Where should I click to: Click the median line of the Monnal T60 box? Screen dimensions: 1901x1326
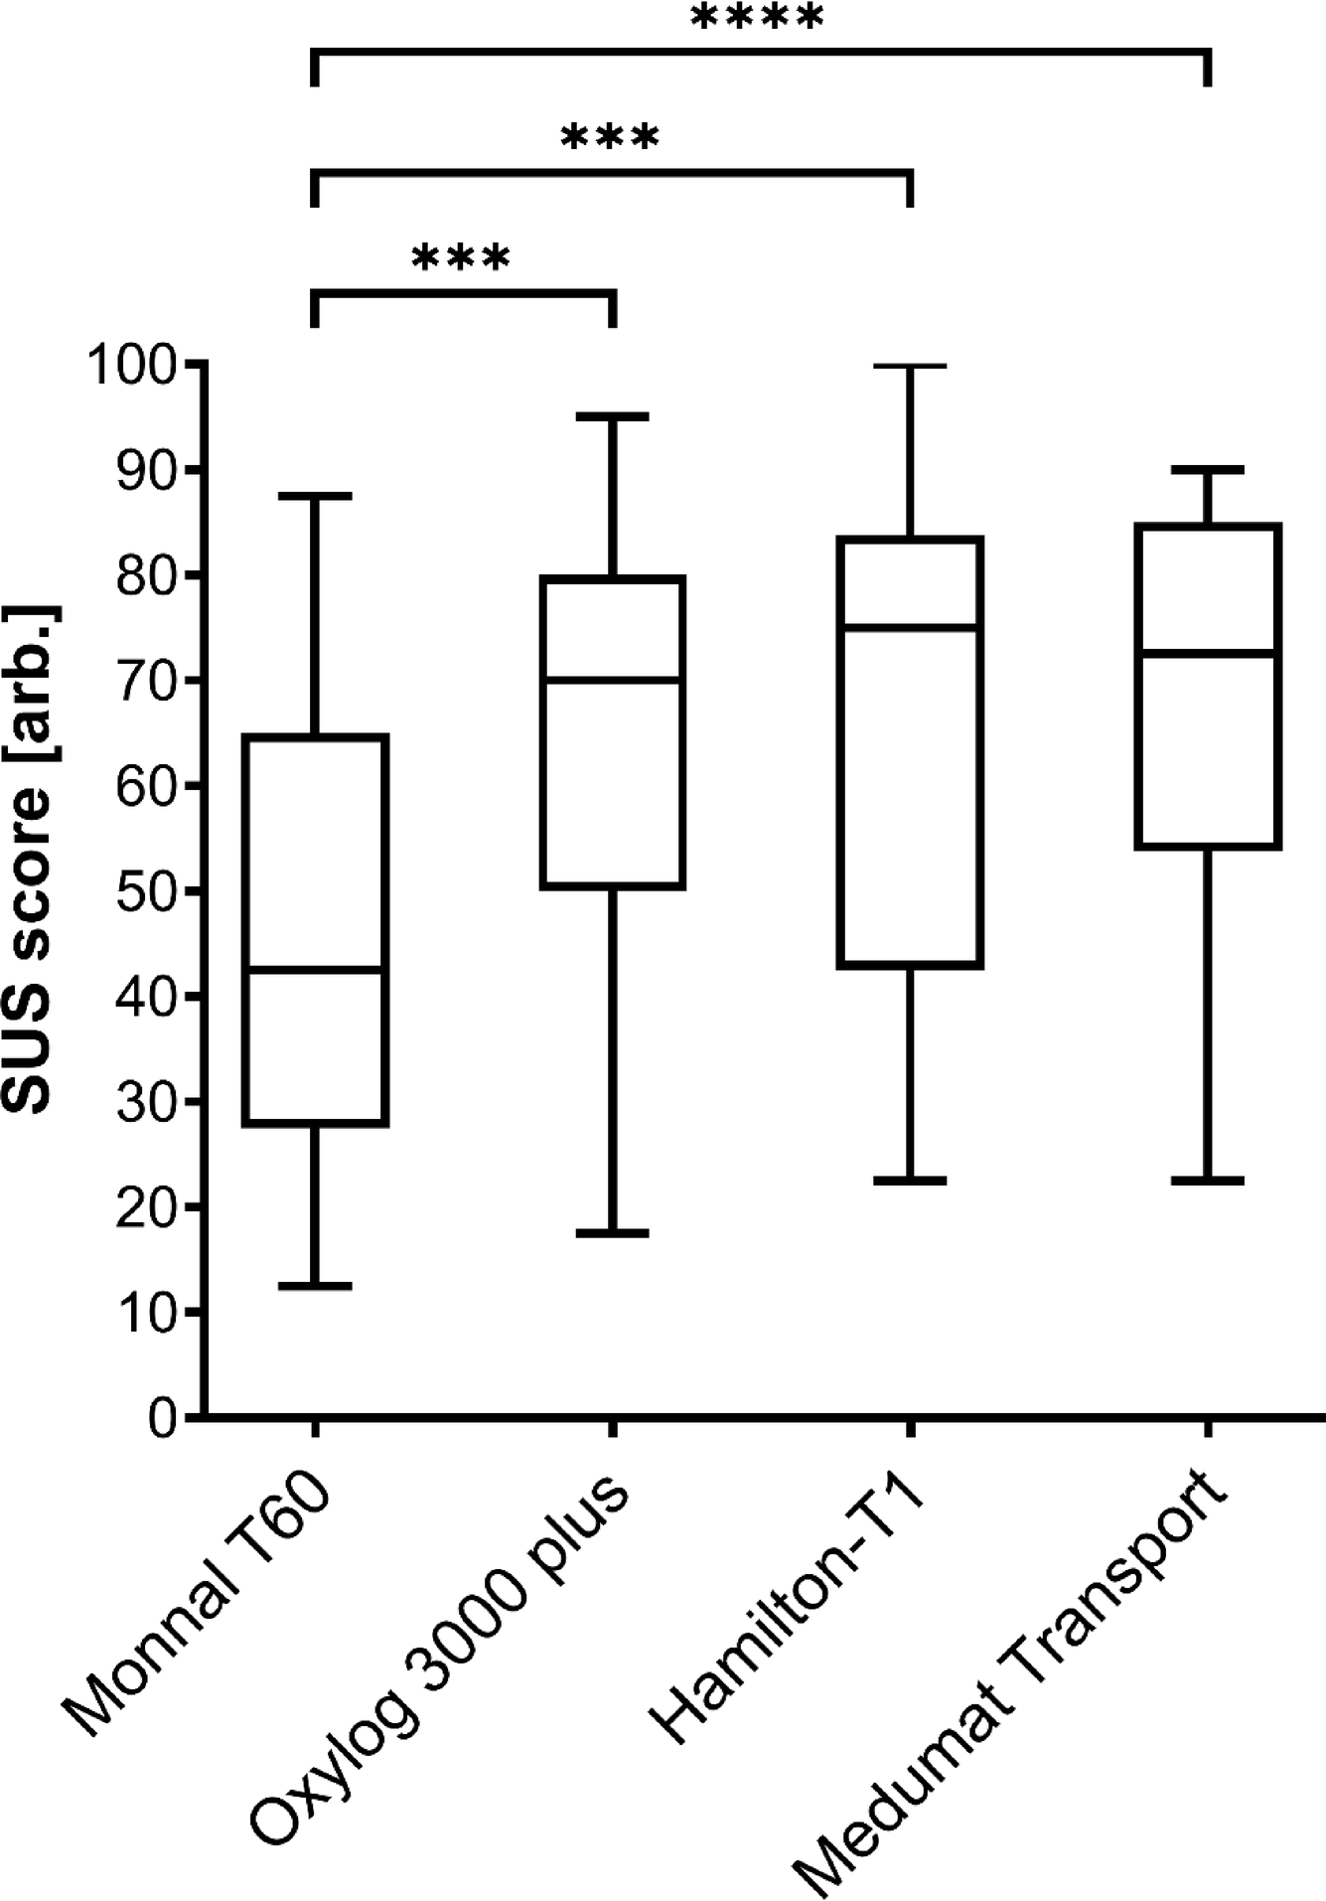point(315,969)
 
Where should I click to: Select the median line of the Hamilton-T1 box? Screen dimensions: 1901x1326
point(910,627)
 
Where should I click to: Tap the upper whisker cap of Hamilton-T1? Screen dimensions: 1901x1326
point(910,367)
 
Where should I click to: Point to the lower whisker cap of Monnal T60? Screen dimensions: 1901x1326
point(315,1286)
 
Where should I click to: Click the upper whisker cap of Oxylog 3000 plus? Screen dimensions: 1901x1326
point(613,417)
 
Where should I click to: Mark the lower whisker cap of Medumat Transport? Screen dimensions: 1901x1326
point(1208,1181)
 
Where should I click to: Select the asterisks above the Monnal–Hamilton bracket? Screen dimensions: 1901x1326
point(610,139)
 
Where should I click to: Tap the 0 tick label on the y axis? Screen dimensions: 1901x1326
point(163,1418)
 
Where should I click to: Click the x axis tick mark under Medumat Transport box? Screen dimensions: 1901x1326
point(1208,1428)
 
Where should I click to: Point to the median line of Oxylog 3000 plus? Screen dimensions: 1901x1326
point(613,681)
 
